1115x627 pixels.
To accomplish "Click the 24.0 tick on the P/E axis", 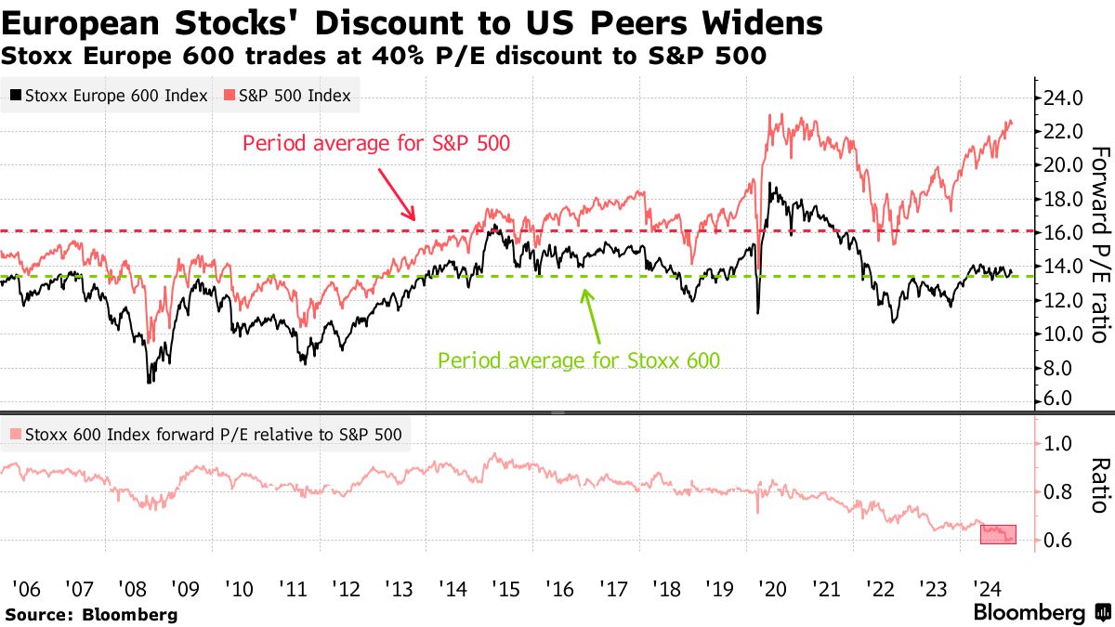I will (1063, 98).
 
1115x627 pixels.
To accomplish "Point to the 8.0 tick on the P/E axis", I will (1059, 368).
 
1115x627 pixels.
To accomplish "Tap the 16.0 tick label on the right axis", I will (1063, 232).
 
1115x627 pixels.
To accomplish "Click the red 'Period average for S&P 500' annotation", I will (375, 144).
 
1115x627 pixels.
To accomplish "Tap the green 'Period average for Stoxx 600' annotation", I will (578, 359).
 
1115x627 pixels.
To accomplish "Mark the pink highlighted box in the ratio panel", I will (998, 534).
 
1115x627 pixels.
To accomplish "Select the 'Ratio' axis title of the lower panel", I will (1098, 485).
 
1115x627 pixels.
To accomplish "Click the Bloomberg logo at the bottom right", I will (1041, 612).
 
